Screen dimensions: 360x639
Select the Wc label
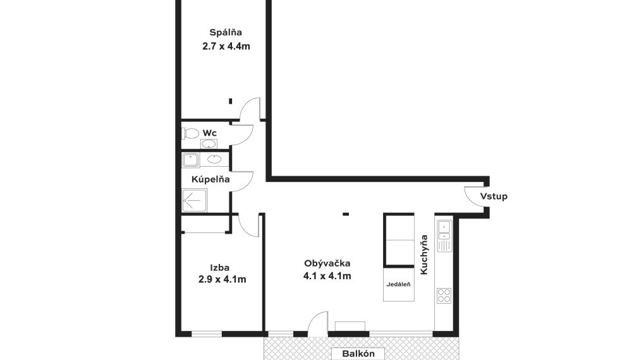(x=210, y=133)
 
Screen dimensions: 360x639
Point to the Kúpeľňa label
(x=210, y=179)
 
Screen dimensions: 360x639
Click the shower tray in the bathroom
(x=194, y=200)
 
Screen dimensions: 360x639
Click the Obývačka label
(x=327, y=263)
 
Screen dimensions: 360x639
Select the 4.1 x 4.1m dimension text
(x=327, y=276)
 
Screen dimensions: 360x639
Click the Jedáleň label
(x=399, y=284)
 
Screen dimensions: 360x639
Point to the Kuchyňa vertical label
(x=425, y=255)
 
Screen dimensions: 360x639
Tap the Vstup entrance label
(x=494, y=196)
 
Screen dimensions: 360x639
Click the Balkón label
(x=359, y=354)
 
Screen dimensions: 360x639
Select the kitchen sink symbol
(x=444, y=234)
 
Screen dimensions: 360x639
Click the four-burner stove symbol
(x=444, y=295)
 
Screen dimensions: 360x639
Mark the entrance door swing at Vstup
(x=473, y=195)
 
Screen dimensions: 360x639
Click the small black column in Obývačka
(x=346, y=214)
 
